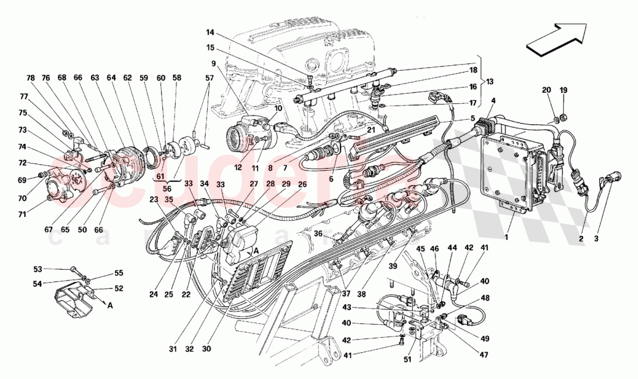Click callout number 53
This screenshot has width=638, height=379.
click(38, 269)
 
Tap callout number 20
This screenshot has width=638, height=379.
click(546, 90)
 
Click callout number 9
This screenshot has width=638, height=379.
click(213, 63)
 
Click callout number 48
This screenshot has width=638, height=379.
click(485, 298)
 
